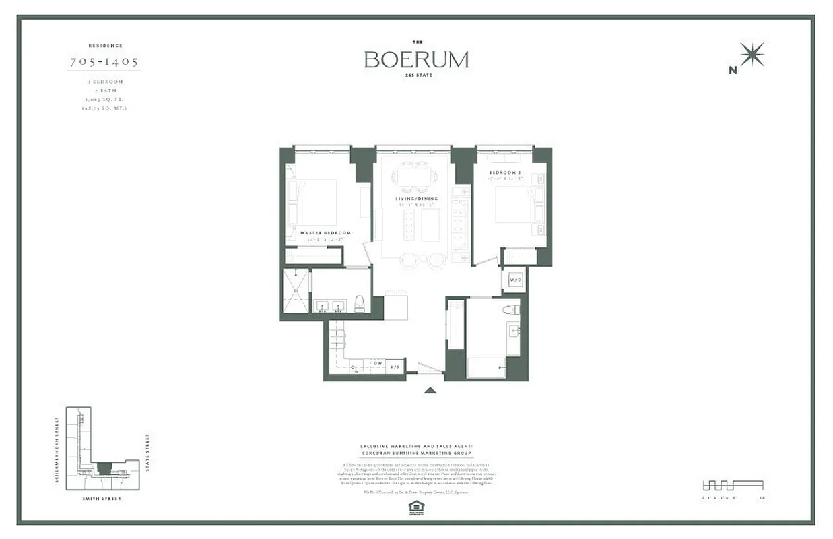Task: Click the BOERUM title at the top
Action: coord(416,59)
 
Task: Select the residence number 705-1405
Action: coord(104,61)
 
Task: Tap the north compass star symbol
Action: coord(752,55)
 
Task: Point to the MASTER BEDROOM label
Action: coord(325,233)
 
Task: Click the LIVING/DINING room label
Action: coord(417,199)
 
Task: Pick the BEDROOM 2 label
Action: coord(506,172)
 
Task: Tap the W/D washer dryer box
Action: coord(516,279)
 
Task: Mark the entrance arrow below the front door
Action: coord(431,389)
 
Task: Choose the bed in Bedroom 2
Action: coord(516,204)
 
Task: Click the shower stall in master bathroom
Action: coord(295,290)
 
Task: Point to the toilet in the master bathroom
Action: coord(359,303)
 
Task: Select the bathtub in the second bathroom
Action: coord(486,367)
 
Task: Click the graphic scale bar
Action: coord(733,485)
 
